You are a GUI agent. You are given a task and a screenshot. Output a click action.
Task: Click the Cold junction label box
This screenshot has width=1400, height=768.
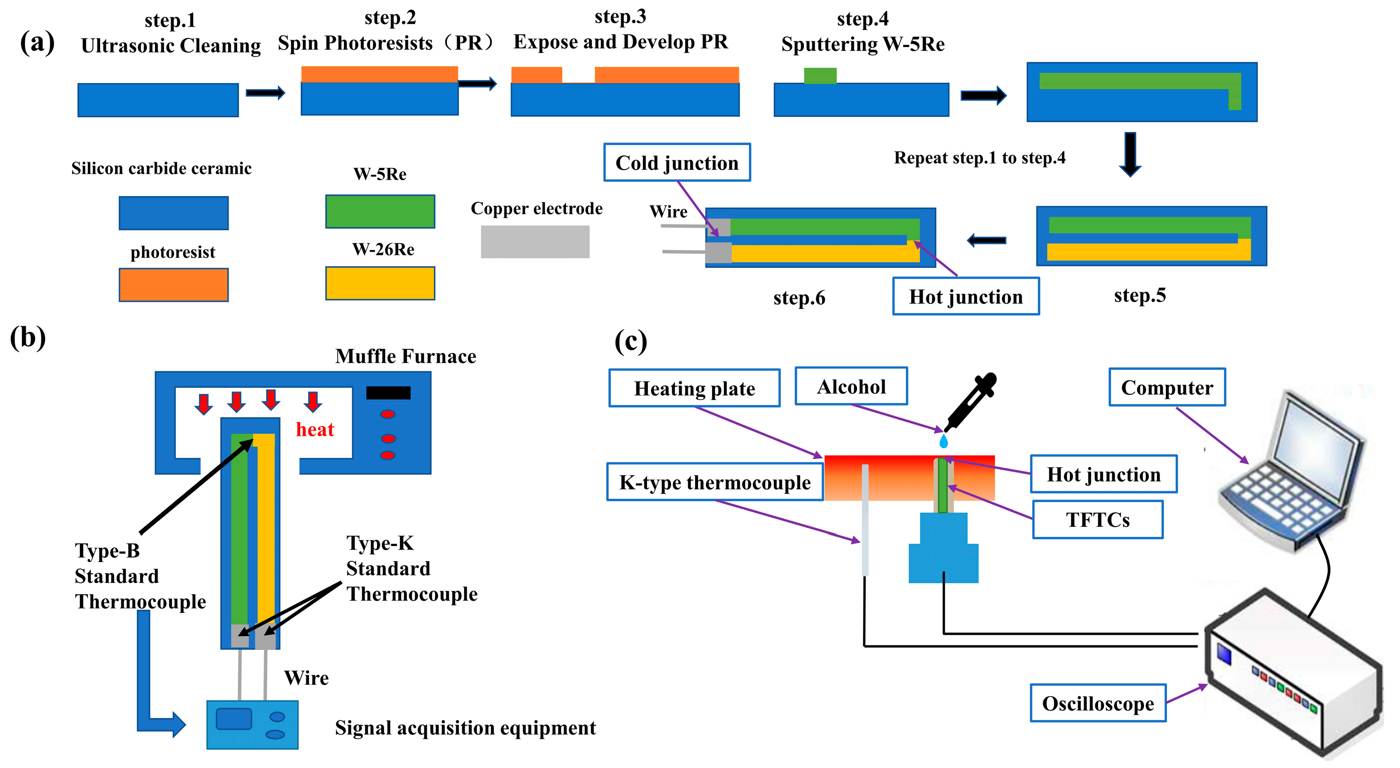click(x=677, y=162)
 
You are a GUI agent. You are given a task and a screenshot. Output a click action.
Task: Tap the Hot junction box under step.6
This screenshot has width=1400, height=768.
click(x=966, y=296)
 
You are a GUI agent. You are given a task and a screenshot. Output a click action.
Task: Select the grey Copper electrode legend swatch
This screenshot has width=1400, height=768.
click(x=535, y=242)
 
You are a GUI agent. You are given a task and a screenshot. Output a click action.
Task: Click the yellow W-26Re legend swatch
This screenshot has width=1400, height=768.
click(x=380, y=283)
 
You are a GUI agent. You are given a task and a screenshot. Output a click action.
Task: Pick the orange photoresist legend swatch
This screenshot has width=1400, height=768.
click(x=173, y=284)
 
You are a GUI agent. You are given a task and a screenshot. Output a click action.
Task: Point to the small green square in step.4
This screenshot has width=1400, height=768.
click(x=820, y=75)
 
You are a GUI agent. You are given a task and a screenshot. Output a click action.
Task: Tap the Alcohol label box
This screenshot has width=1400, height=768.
click(x=851, y=386)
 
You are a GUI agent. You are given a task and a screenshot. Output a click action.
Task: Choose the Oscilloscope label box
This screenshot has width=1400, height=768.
click(x=1097, y=703)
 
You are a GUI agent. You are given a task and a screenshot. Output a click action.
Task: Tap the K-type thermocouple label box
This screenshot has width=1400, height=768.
click(x=714, y=482)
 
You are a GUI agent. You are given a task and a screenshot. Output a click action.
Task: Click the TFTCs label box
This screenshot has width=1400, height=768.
click(x=1097, y=520)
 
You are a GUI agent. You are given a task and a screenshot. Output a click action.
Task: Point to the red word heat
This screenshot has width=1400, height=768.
click(x=314, y=430)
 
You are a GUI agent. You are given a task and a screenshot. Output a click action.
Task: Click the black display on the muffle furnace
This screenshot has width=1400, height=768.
click(x=388, y=393)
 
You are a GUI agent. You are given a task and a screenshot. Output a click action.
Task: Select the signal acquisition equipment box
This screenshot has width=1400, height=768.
click(x=252, y=724)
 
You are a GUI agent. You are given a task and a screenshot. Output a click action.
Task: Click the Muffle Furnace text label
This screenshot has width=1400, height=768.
click(x=406, y=356)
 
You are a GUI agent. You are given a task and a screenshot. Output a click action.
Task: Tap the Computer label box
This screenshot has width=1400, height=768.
click(x=1167, y=387)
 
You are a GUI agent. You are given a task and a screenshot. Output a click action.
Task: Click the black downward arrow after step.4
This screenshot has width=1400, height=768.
click(x=1130, y=154)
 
